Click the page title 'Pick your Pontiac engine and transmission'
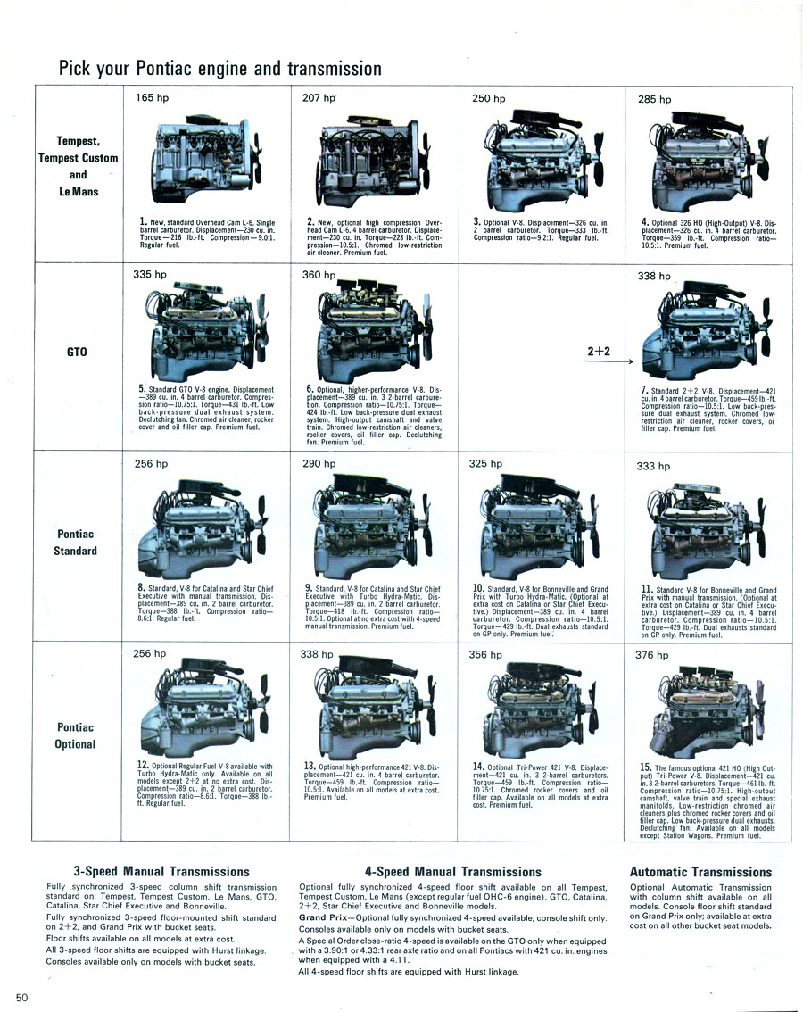[220, 69]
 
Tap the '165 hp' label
[152, 97]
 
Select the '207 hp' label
[319, 98]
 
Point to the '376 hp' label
[652, 655]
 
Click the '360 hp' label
[319, 275]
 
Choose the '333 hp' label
[653, 466]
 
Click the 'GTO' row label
[77, 352]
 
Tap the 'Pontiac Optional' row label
[76, 735]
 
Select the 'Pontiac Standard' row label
[76, 543]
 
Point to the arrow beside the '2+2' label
[608, 361]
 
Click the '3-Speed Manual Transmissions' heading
[161, 871]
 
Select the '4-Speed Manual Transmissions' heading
[452, 872]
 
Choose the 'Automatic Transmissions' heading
[701, 872]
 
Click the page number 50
[22, 998]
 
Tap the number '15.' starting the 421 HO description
[645, 767]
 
